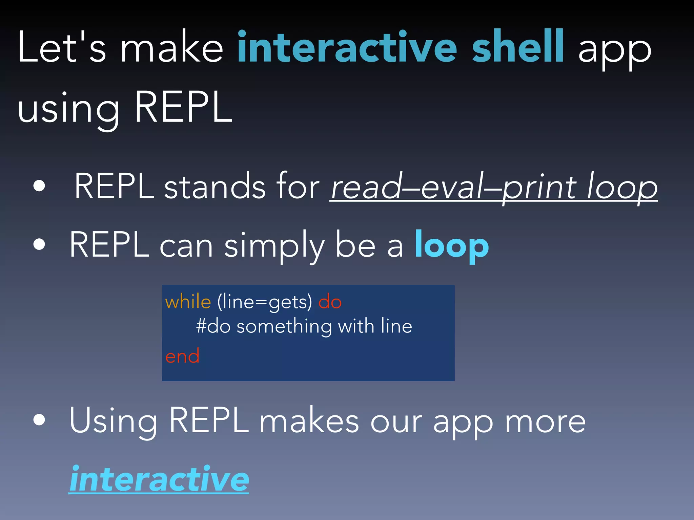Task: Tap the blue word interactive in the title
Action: [x=347, y=47]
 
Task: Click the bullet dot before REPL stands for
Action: [x=39, y=186]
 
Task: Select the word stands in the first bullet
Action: [x=215, y=187]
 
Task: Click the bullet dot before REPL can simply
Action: [x=39, y=244]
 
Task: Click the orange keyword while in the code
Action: [x=188, y=302]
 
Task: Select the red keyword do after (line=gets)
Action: [x=330, y=302]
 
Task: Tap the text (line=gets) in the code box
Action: [x=264, y=302]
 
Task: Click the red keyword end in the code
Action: [x=182, y=356]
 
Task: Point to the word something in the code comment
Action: [x=284, y=327]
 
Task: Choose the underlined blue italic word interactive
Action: [x=159, y=479]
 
